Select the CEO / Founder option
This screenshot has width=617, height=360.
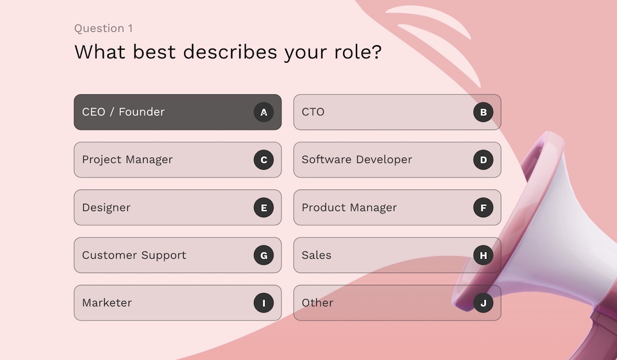pyautogui.click(x=178, y=112)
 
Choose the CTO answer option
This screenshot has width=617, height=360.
pyautogui.click(x=397, y=112)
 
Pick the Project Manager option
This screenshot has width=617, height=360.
pyautogui.click(x=178, y=160)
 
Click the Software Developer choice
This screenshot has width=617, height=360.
pyautogui.click(x=397, y=160)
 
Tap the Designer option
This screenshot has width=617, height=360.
pyautogui.click(x=178, y=207)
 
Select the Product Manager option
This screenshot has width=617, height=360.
pyautogui.click(x=397, y=207)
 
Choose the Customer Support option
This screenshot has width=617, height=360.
pyautogui.click(x=178, y=255)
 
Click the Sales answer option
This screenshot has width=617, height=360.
pyautogui.click(x=397, y=255)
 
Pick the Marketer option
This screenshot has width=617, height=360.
pyautogui.click(x=178, y=303)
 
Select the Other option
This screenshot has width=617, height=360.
pyautogui.click(x=397, y=303)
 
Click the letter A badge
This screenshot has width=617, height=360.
pyautogui.click(x=264, y=112)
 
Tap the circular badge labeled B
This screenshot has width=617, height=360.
pyautogui.click(x=483, y=112)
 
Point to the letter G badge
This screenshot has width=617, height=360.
pyautogui.click(x=264, y=255)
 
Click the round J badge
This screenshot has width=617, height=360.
pyautogui.click(x=483, y=303)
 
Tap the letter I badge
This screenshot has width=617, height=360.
pyautogui.click(x=264, y=303)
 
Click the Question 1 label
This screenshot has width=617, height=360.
pyautogui.click(x=104, y=28)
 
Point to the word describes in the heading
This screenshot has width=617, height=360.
pyautogui.click(x=230, y=52)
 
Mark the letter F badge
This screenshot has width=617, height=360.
pyautogui.click(x=483, y=208)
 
